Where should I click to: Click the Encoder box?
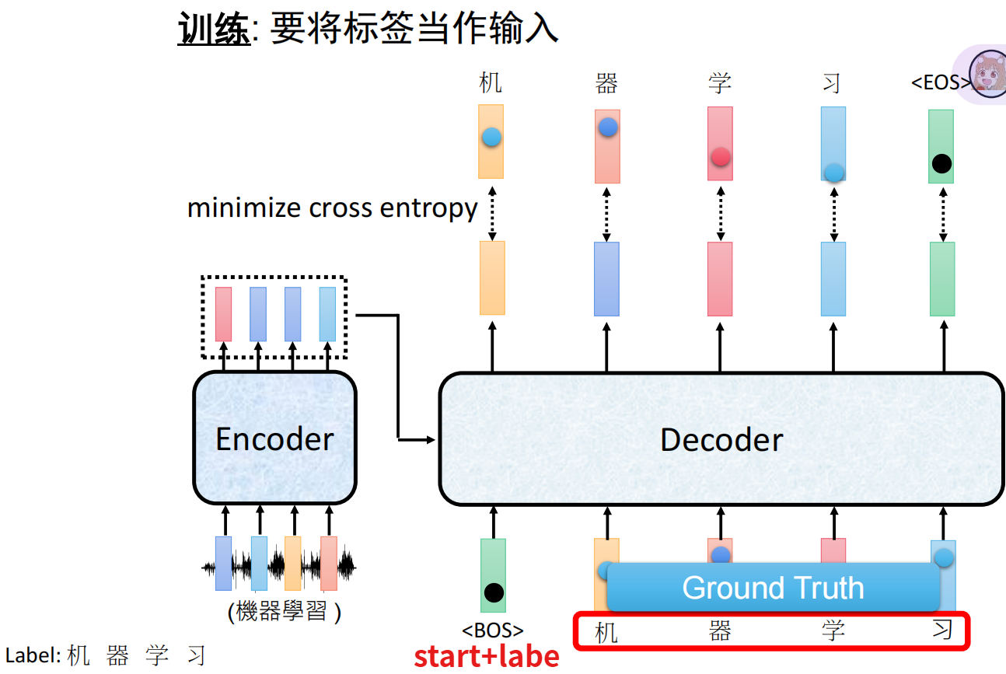pos(274,438)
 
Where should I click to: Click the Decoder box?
pos(721,439)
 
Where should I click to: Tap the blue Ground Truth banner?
pos(773,588)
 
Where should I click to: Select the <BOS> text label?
pos(493,630)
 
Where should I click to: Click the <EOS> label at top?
pos(940,82)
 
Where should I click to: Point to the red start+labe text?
pos(487,656)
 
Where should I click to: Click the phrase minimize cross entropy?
pos(332,208)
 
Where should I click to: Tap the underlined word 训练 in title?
pos(214,30)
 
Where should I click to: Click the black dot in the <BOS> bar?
pos(494,593)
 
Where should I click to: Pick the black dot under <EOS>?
pos(941,163)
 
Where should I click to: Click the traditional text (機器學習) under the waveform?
pos(284,613)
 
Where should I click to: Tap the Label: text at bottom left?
pos(33,655)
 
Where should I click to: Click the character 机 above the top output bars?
pos(491,82)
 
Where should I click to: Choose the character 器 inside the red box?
pos(720,630)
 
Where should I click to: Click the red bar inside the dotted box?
pos(223,314)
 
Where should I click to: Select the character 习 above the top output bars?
pos(832,82)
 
